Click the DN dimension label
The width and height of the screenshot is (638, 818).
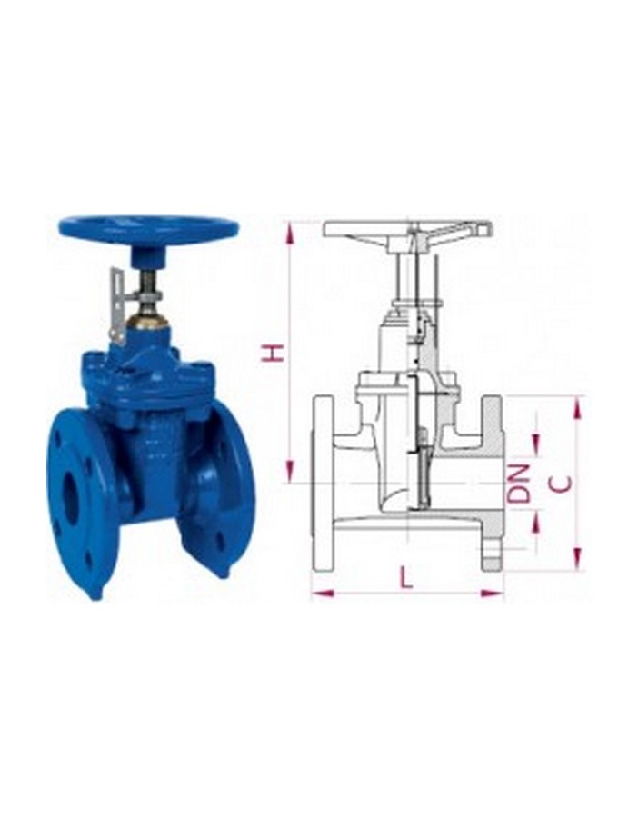tap(519, 483)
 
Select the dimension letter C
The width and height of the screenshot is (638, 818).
tap(563, 483)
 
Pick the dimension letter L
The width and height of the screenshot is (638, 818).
tap(406, 577)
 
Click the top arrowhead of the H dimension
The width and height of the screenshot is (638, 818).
tap(290, 232)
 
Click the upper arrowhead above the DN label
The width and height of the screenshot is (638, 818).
tap(536, 444)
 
